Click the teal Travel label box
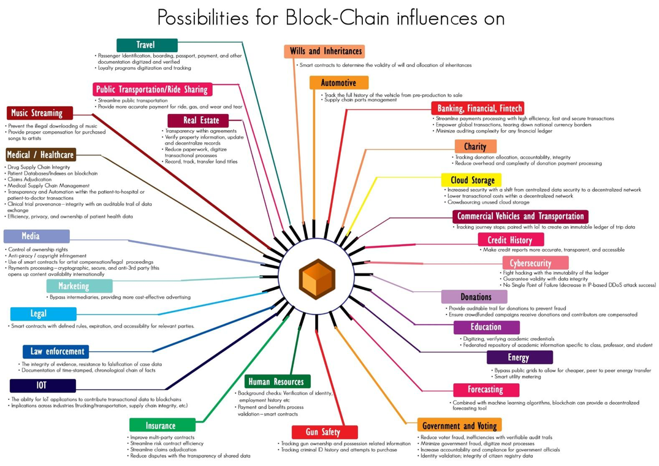click(147, 45)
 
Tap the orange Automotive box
click(338, 83)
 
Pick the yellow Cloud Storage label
click(472, 180)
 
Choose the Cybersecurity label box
click(535, 263)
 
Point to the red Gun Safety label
click(324, 432)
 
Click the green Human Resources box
click(276, 382)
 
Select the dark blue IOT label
click(42, 386)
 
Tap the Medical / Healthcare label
click(40, 155)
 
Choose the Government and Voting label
click(459, 426)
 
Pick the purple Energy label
click(518, 357)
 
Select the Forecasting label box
click(486, 389)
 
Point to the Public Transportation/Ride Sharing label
click(152, 90)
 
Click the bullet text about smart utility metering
click(519, 377)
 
